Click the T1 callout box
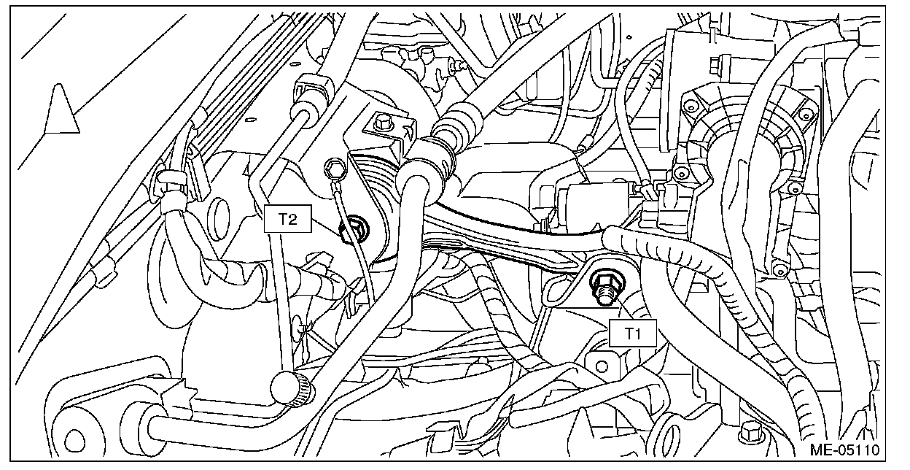click(x=632, y=334)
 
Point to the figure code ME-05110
click(x=849, y=449)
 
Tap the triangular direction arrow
click(x=62, y=109)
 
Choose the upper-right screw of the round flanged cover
click(x=804, y=111)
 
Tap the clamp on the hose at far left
click(x=172, y=183)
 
